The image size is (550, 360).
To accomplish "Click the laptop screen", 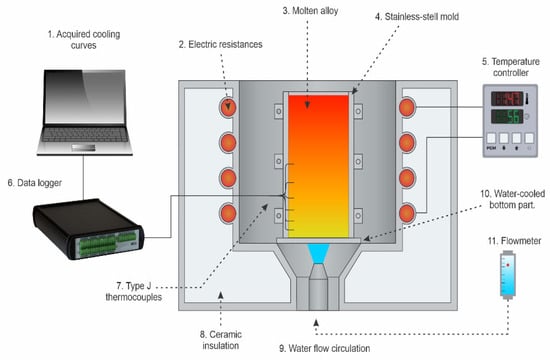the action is tap(85, 96).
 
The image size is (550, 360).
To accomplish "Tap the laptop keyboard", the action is tap(85, 134).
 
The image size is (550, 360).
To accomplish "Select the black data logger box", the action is tap(88, 229).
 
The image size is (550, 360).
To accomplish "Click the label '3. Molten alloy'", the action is tap(310, 11).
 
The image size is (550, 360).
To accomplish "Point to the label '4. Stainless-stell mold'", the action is tap(417, 16).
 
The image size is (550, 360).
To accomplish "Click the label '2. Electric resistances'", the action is tap(220, 44).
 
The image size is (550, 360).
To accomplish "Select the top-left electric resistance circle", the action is tap(228, 107).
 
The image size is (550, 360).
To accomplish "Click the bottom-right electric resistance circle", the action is tap(407, 213).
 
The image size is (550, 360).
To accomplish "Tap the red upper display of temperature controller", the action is tap(507, 99).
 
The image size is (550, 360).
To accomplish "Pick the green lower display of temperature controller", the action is tap(507, 116).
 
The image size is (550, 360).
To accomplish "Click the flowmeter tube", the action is tap(508, 275).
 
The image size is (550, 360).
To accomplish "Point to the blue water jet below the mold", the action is tap(318, 253).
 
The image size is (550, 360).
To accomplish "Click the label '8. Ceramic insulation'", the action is tap(221, 340).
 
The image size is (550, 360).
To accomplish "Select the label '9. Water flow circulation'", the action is tap(324, 348).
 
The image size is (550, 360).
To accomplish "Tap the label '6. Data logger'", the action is tap(35, 183).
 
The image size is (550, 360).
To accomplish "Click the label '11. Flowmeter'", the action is tap(514, 241).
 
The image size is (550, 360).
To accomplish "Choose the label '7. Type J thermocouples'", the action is tap(134, 292).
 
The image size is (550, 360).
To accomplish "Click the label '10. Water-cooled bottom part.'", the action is tap(512, 199).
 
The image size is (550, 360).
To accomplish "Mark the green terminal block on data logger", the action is tap(106, 243).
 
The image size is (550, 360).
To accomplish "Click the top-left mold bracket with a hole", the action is tap(279, 112).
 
